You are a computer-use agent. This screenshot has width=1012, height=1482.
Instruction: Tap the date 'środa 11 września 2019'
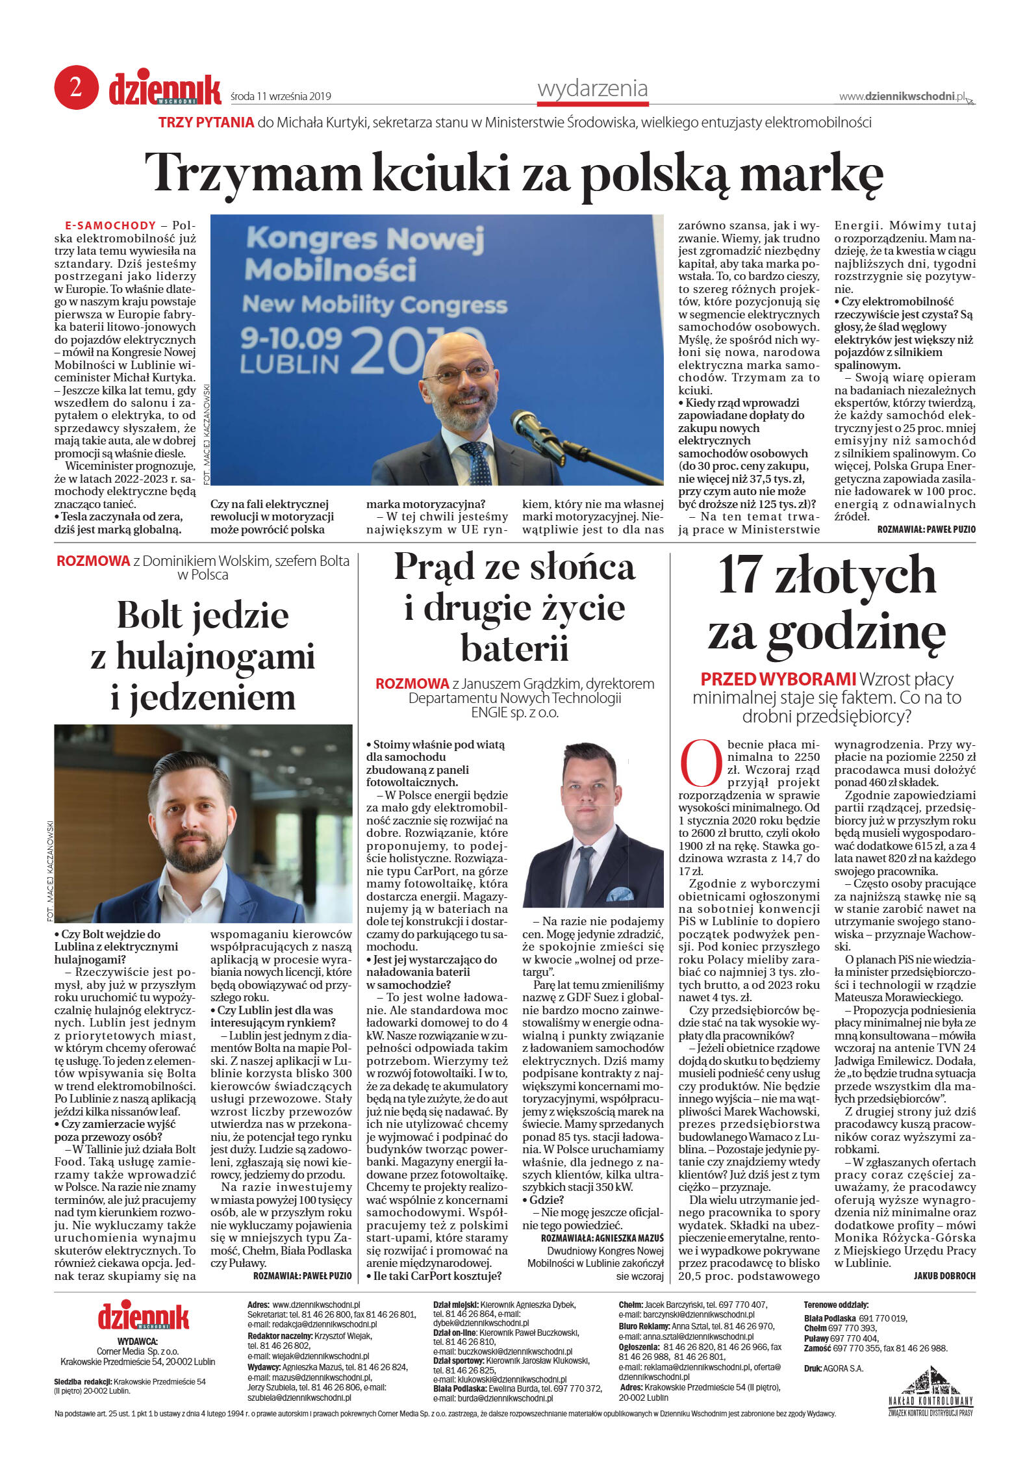tap(281, 97)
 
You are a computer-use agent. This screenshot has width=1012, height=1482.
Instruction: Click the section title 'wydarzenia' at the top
tap(592, 88)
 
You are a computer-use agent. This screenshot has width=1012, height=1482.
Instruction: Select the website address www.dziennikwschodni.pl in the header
tap(902, 96)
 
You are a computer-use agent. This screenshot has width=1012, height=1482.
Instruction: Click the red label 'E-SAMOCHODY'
tap(110, 225)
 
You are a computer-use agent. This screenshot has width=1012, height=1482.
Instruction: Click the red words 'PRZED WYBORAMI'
tap(778, 679)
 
